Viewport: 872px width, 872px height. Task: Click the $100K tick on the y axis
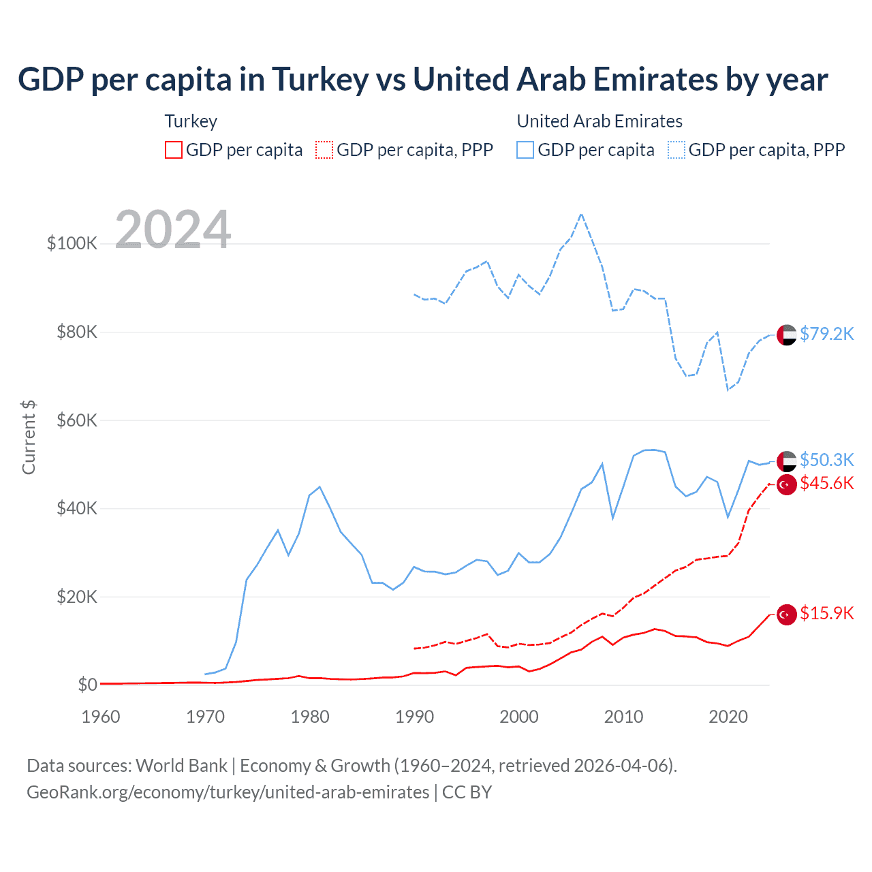pos(72,243)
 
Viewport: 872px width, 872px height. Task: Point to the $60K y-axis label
pos(77,420)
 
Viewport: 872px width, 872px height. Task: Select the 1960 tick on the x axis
pos(101,717)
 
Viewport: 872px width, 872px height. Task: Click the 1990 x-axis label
pos(414,717)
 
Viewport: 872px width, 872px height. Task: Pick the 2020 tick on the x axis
pos(728,717)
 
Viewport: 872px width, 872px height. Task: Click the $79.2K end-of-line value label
pos(826,334)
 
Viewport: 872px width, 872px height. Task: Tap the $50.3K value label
pos(826,460)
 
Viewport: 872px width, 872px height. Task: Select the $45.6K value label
pos(826,483)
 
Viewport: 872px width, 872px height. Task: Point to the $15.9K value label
pos(826,613)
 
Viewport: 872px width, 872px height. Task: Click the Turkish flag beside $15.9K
pos(787,614)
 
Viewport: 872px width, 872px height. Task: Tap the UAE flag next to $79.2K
pos(787,335)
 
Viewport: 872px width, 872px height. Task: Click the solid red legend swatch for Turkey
pos(174,150)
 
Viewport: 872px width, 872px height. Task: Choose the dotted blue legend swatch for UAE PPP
pos(676,150)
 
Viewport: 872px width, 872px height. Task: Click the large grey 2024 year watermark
pos(173,229)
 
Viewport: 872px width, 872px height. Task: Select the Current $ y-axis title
pos(29,437)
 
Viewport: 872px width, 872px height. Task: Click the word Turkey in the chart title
pos(321,80)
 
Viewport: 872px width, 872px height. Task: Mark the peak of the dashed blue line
pos(581,214)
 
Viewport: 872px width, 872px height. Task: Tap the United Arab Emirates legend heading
pos(599,121)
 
